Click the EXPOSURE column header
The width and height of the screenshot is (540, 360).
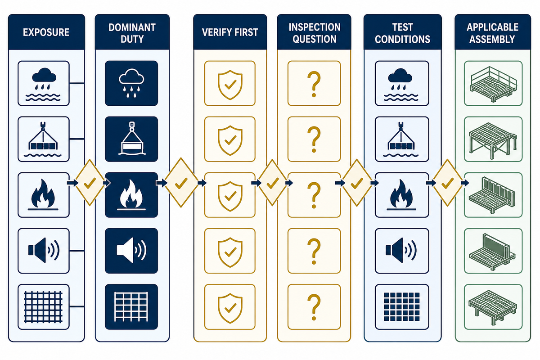click(x=46, y=32)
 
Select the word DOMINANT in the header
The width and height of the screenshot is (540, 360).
click(x=132, y=27)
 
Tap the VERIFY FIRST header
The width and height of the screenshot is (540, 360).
click(x=230, y=32)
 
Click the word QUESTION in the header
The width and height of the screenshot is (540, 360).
click(x=315, y=39)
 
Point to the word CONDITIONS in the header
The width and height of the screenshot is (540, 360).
click(x=402, y=39)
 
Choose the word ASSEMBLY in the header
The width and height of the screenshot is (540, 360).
click(x=492, y=39)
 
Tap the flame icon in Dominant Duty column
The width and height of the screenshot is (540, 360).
click(x=131, y=195)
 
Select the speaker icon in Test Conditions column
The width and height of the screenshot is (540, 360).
click(x=401, y=250)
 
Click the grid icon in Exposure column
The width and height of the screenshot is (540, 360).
click(x=43, y=307)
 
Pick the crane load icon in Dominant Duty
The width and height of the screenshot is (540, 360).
click(x=131, y=139)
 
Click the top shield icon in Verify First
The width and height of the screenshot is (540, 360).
click(x=230, y=85)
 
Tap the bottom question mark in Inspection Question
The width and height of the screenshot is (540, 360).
click(x=314, y=307)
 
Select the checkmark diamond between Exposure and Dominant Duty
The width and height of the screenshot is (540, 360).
click(x=90, y=183)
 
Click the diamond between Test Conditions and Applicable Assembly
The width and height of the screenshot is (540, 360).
click(x=448, y=183)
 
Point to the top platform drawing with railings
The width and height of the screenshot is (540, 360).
click(x=493, y=83)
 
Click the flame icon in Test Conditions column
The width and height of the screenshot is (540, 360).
click(x=401, y=195)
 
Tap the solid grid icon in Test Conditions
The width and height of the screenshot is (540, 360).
click(x=401, y=307)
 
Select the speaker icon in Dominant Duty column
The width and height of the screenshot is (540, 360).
click(x=131, y=250)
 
